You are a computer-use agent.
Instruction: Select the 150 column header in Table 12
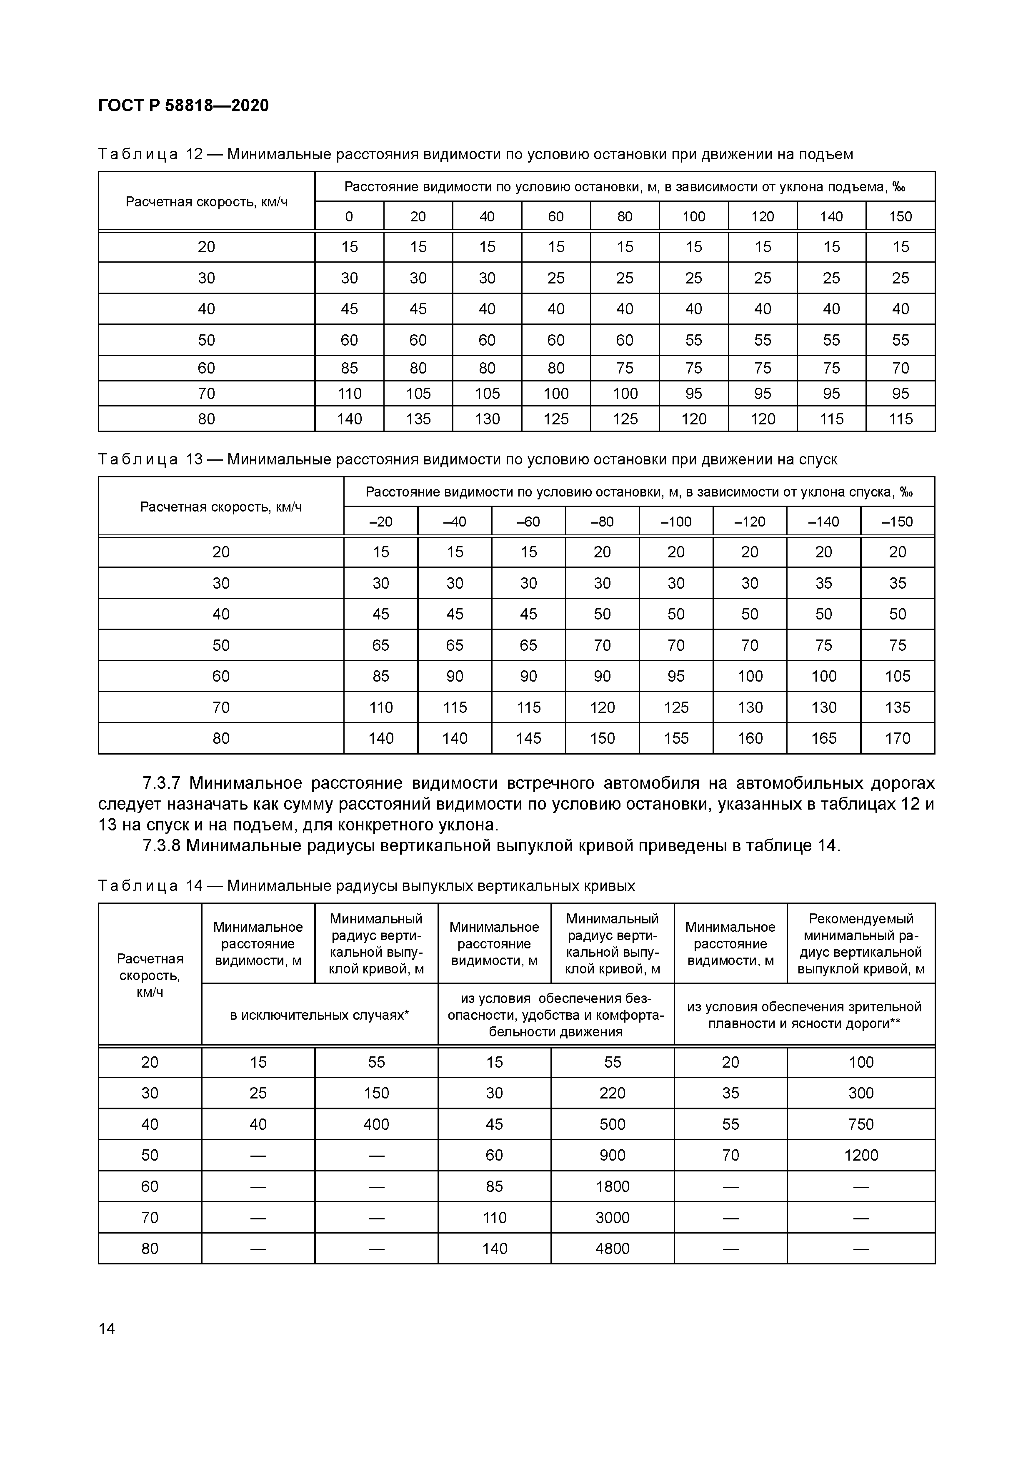[x=900, y=216]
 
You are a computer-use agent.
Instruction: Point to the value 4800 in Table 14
[x=612, y=1248]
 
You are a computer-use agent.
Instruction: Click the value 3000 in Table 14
[x=612, y=1217]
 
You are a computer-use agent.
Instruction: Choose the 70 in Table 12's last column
[x=900, y=368]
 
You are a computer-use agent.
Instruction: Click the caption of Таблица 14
[x=367, y=886]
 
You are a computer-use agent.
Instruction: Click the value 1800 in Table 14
[x=612, y=1186]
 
